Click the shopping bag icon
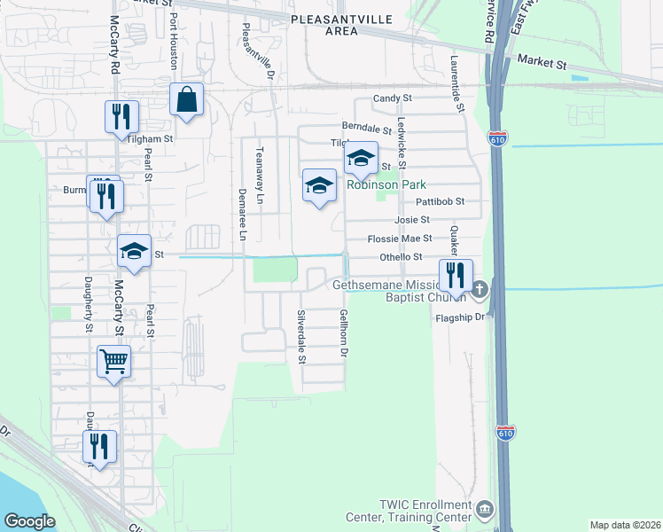click(x=188, y=101)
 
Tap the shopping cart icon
click(x=114, y=362)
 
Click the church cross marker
click(x=480, y=289)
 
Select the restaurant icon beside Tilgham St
click(x=120, y=118)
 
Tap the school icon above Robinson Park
click(x=361, y=160)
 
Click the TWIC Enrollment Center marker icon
click(x=485, y=509)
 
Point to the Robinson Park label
click(x=386, y=184)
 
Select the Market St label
click(x=542, y=64)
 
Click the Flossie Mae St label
click(x=400, y=239)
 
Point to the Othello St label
click(x=401, y=257)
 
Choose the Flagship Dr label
click(x=456, y=317)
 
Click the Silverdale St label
click(x=301, y=337)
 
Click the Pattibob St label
click(x=442, y=201)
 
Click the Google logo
click(x=30, y=521)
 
